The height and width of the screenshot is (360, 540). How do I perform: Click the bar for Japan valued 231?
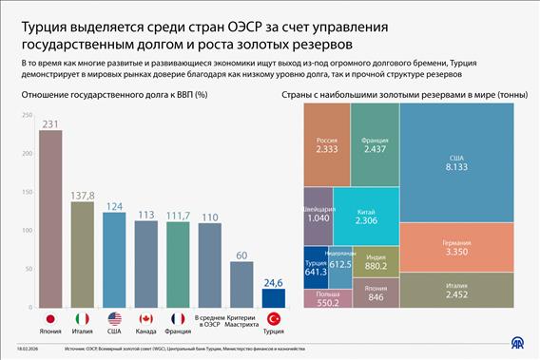pyautogui.click(x=50, y=218)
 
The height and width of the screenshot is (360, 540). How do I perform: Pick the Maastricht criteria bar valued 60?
pyautogui.click(x=241, y=283)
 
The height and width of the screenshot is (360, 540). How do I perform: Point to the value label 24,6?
pyautogui.click(x=274, y=282)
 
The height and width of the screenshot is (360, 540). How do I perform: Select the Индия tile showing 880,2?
pyautogui.click(x=376, y=261)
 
